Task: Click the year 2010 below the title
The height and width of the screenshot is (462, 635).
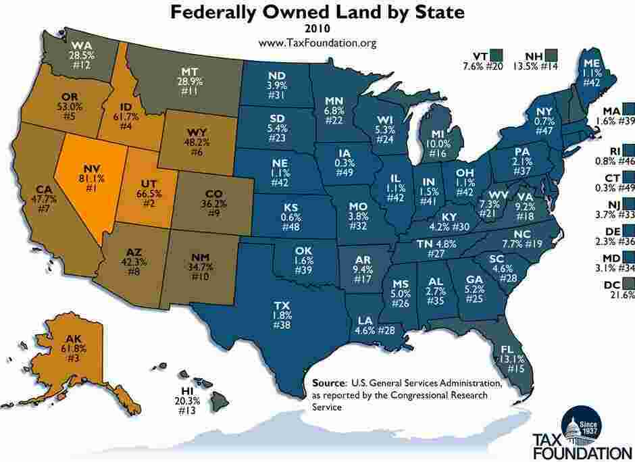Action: point(317,29)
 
